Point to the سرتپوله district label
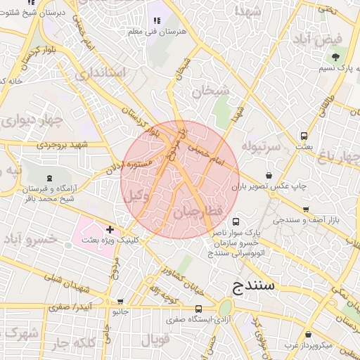pyautogui.click(x=262, y=146)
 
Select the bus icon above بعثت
pyautogui.click(x=304, y=136)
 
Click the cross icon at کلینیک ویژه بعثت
pyautogui.click(x=110, y=229)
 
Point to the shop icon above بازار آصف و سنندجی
pyautogui.click(x=306, y=210)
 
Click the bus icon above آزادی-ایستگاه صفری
pyautogui.click(x=198, y=308)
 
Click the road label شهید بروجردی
pyautogui.click(x=64, y=146)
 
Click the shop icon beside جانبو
pyautogui.click(x=120, y=302)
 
